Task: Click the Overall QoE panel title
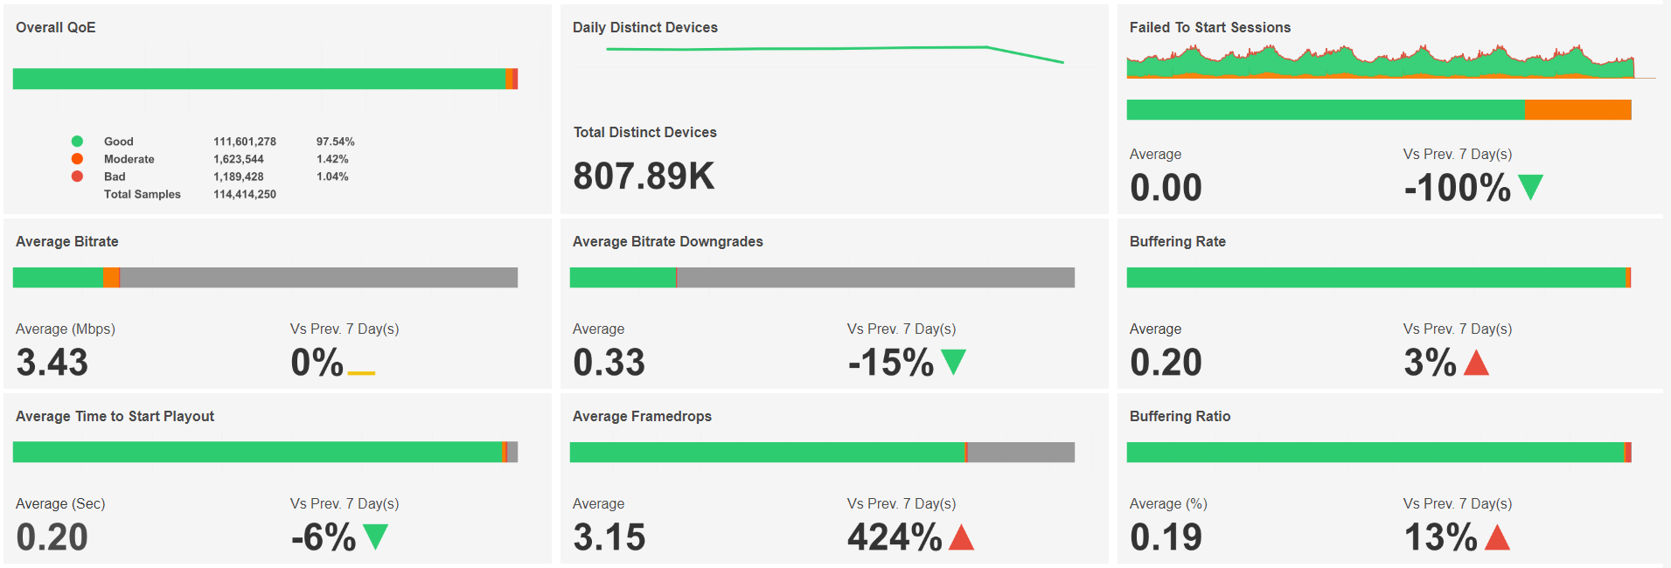point(56,28)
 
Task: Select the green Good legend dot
point(77,142)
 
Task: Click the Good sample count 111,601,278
point(245,142)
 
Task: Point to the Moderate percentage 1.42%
point(332,159)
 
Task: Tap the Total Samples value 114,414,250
point(245,194)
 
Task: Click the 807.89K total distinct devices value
point(644,177)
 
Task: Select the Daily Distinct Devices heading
point(645,28)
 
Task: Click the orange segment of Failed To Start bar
point(1577,110)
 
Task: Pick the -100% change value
point(1457,188)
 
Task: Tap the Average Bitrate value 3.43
point(52,363)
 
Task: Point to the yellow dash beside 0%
point(361,373)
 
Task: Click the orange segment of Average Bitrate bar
point(111,278)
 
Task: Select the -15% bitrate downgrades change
point(891,363)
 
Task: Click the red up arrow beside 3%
point(1476,362)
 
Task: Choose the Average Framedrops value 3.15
point(609,537)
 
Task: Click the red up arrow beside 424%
point(961,537)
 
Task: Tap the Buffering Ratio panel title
point(1180,417)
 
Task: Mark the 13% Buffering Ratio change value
point(1440,537)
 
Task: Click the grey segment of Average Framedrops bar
point(1020,453)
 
